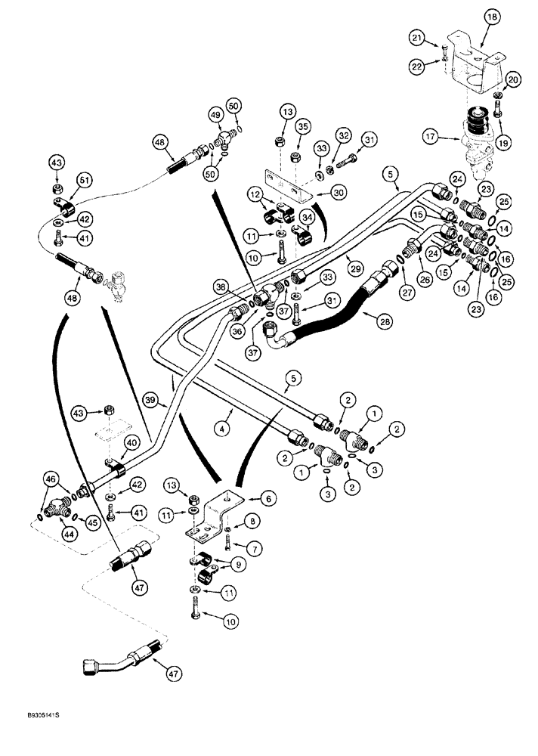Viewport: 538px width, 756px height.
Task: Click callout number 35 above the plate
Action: point(303,125)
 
